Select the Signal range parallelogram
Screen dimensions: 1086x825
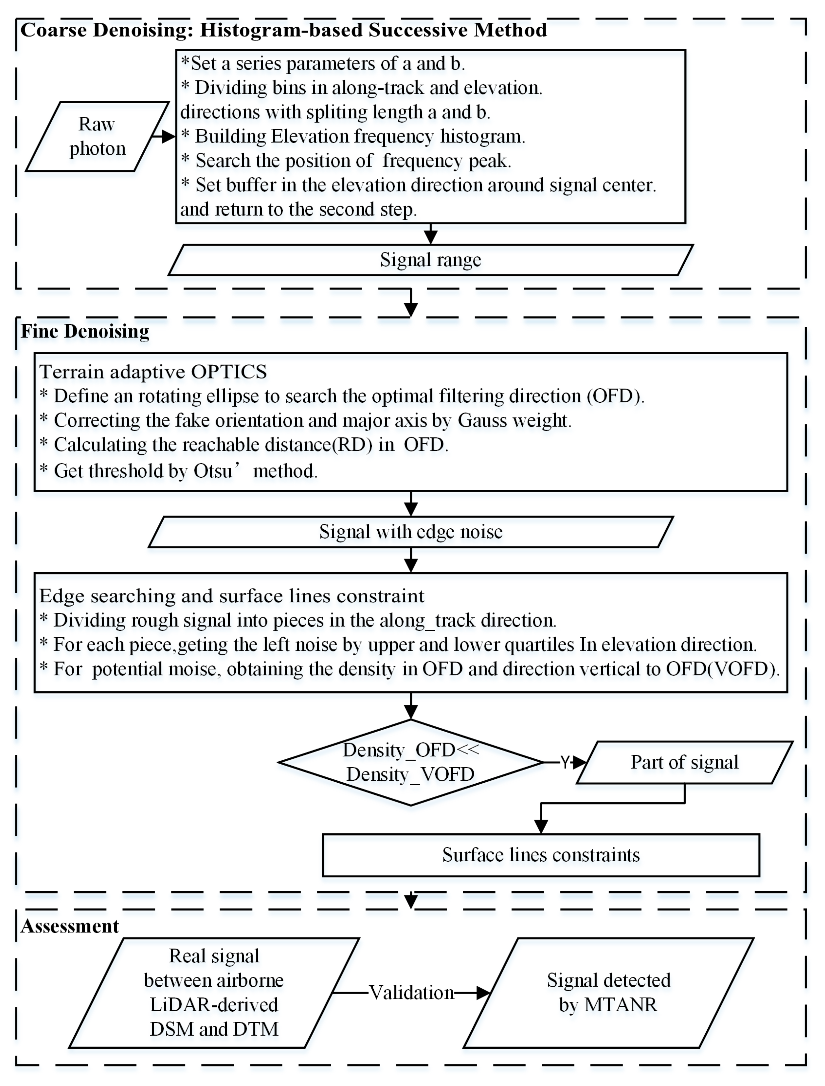pyautogui.click(x=430, y=260)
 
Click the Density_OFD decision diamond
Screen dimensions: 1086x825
pyautogui.click(x=411, y=762)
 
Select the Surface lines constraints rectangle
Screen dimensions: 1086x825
pyautogui.click(x=541, y=855)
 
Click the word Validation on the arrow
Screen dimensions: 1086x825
pyautogui.click(x=412, y=993)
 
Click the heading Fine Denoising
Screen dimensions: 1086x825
pyautogui.click(x=85, y=331)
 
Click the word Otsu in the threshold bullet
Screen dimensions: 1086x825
pyautogui.click(x=212, y=471)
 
